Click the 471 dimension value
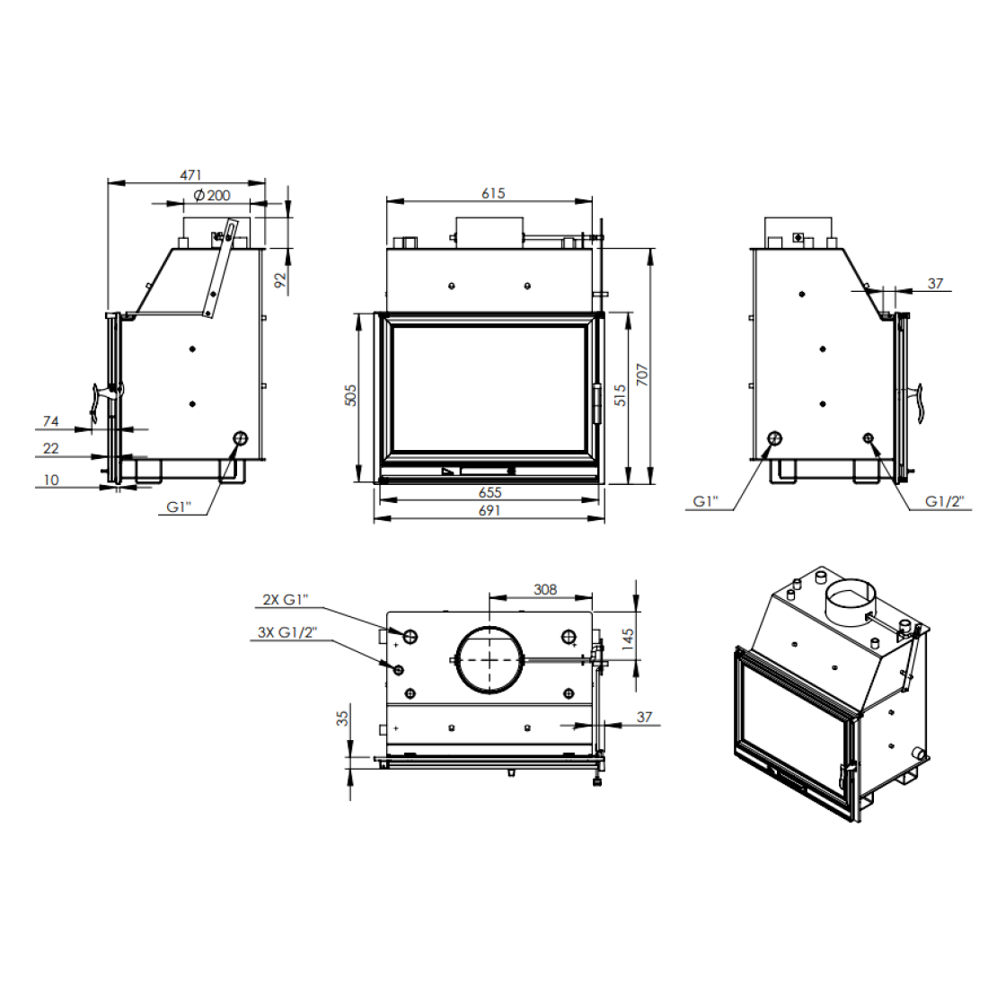pyautogui.click(x=191, y=174)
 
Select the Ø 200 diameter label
pyautogui.click(x=212, y=195)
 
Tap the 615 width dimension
pyautogui.click(x=493, y=193)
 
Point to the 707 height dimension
pyautogui.click(x=642, y=375)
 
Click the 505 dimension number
pyautogui.click(x=351, y=395)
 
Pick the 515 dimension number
pyautogui.click(x=620, y=395)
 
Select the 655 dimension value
pyautogui.click(x=490, y=492)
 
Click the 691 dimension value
pyautogui.click(x=490, y=510)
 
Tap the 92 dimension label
pyautogui.click(x=279, y=279)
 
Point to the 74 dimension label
pyautogui.click(x=51, y=421)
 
